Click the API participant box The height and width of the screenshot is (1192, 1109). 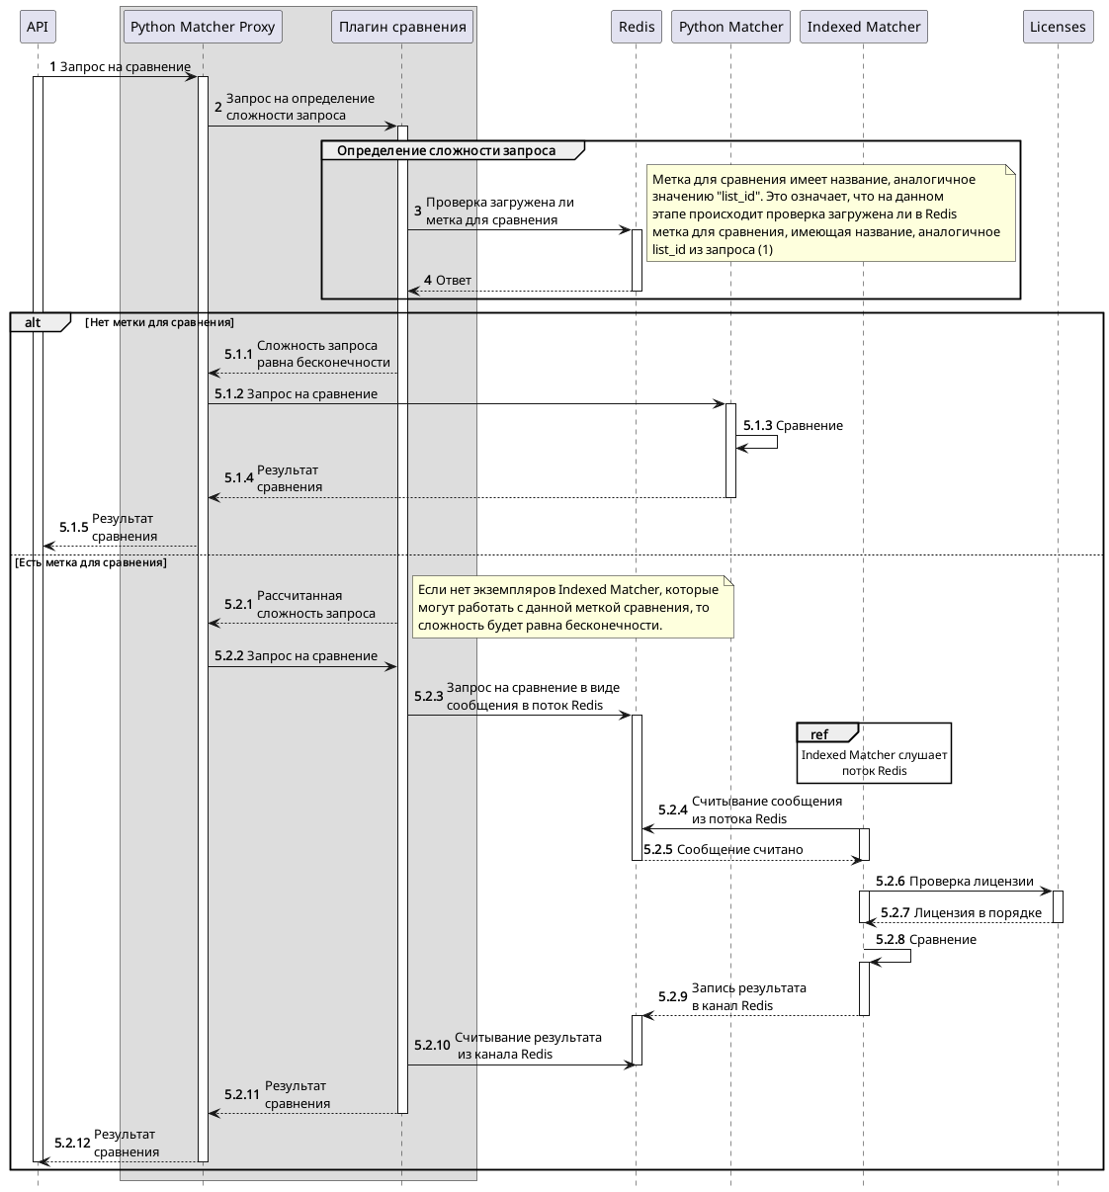click(x=38, y=27)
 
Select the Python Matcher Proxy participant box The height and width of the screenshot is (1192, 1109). click(x=203, y=27)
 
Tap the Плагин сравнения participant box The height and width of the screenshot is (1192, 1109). click(x=402, y=27)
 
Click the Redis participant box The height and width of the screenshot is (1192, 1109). click(x=637, y=27)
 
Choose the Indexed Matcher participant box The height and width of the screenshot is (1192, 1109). click(x=864, y=27)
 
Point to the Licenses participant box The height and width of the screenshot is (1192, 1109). click(x=1058, y=27)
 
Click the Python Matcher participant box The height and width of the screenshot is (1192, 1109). click(x=731, y=27)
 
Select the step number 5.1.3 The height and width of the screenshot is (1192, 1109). click(x=757, y=425)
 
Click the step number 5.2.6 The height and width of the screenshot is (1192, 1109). click(x=890, y=881)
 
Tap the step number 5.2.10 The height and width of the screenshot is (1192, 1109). click(x=432, y=1045)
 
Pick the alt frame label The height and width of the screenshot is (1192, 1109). click(x=34, y=322)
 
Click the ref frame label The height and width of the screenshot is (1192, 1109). click(x=819, y=733)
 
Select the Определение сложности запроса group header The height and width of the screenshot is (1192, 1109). click(x=446, y=150)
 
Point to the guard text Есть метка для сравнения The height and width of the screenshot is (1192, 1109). click(x=91, y=562)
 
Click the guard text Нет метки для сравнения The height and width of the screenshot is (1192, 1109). click(x=159, y=322)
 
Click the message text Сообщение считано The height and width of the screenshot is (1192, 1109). click(x=739, y=849)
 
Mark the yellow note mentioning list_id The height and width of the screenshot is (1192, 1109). click(x=830, y=213)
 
